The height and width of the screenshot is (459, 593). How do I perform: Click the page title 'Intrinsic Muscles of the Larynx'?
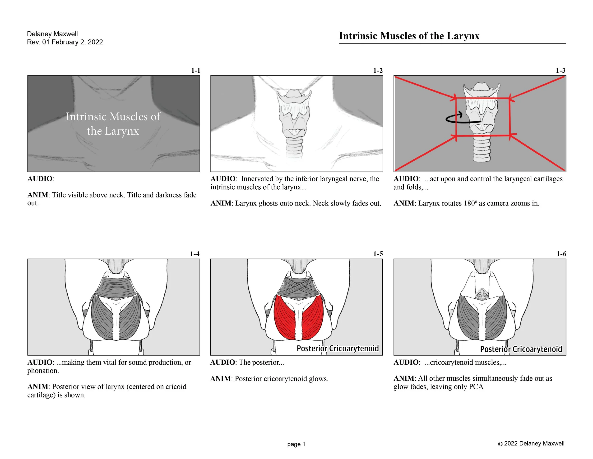[x=409, y=36]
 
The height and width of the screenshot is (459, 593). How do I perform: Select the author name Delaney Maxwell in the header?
[x=52, y=34]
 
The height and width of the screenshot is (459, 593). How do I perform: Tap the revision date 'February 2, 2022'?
[x=77, y=42]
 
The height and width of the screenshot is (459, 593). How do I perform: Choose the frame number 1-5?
[x=378, y=254]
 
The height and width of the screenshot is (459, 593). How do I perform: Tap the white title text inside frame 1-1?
[x=113, y=124]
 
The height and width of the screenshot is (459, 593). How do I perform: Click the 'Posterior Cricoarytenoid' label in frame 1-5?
[x=338, y=348]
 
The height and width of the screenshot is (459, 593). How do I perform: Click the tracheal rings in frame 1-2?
[x=295, y=147]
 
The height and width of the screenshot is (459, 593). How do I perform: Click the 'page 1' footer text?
[x=296, y=444]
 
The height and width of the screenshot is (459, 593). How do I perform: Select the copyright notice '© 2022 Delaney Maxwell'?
[x=531, y=444]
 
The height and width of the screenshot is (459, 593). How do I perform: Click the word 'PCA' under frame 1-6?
[x=476, y=387]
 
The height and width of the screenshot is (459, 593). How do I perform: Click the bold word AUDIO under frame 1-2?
[x=223, y=179]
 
